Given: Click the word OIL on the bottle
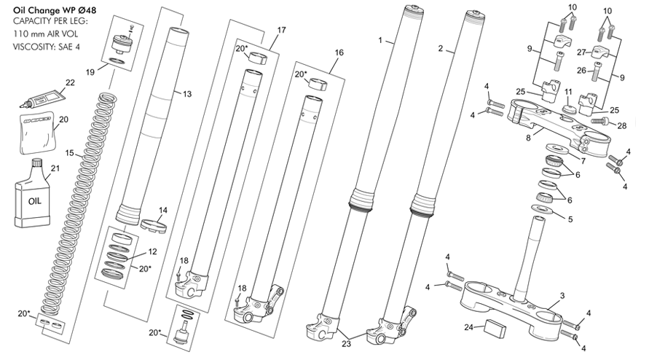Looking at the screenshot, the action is [x=35, y=201].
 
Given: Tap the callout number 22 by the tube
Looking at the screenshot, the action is [x=71, y=82].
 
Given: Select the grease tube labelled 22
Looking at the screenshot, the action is [x=42, y=99].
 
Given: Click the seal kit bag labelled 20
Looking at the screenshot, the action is [x=37, y=133].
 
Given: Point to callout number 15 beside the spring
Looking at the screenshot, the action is [x=70, y=153].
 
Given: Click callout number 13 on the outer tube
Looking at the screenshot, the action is [x=187, y=94].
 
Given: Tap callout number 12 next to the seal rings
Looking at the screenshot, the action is [x=152, y=251].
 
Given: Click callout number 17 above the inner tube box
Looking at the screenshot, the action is [x=281, y=30].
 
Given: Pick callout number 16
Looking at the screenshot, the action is [x=339, y=52].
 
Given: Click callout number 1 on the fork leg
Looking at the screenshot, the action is [x=380, y=40].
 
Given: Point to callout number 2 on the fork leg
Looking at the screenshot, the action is [x=441, y=49].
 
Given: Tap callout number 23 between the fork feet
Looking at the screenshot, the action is [x=347, y=343].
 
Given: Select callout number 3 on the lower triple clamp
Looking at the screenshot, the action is [x=562, y=296].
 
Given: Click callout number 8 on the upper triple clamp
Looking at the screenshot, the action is [x=528, y=138].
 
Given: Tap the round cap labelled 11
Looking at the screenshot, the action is [x=568, y=110].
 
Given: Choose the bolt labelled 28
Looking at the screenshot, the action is [x=602, y=121].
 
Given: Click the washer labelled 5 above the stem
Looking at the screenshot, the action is [x=543, y=209].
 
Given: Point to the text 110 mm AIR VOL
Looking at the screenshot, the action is [x=46, y=34].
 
